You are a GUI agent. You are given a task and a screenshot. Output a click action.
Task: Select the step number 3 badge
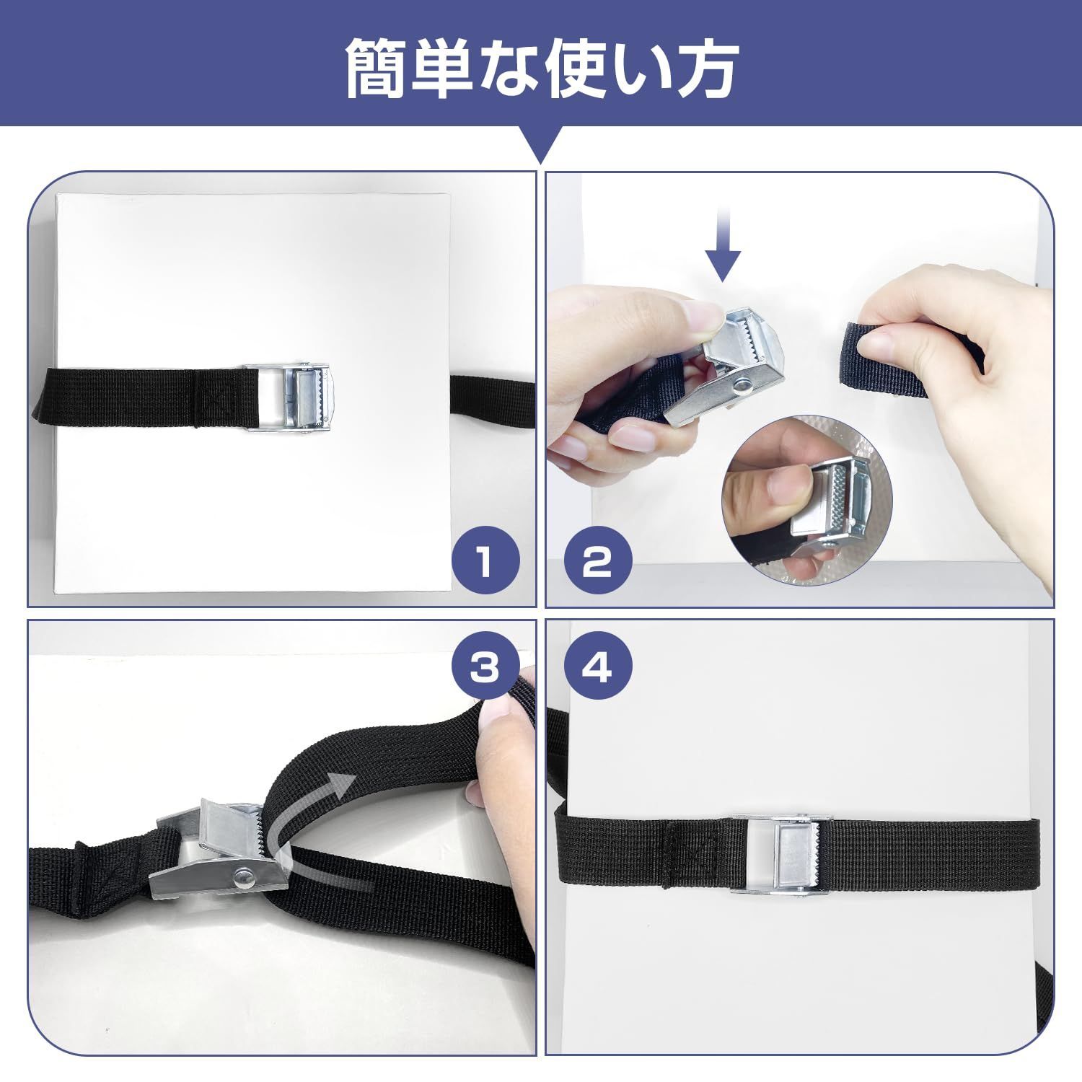point(485,668)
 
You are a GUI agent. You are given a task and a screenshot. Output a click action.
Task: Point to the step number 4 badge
point(598,668)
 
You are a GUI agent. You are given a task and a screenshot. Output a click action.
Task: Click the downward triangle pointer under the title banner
point(541,144)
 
